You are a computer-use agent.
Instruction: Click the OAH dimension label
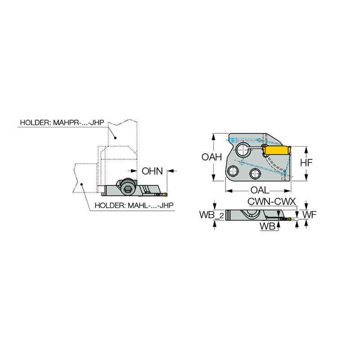tap(211, 157)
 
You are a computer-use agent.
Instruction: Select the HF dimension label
tap(306, 163)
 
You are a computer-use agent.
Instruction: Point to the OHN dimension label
tap(152, 171)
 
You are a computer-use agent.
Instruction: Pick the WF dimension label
tap(309, 215)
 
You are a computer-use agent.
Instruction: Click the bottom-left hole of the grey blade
tap(233, 171)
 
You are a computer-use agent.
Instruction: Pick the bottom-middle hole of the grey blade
tap(255, 174)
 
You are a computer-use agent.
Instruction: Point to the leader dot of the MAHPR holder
tap(115, 137)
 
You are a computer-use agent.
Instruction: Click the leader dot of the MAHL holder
tap(81, 184)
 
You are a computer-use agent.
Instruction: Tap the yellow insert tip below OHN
tap(163, 194)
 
